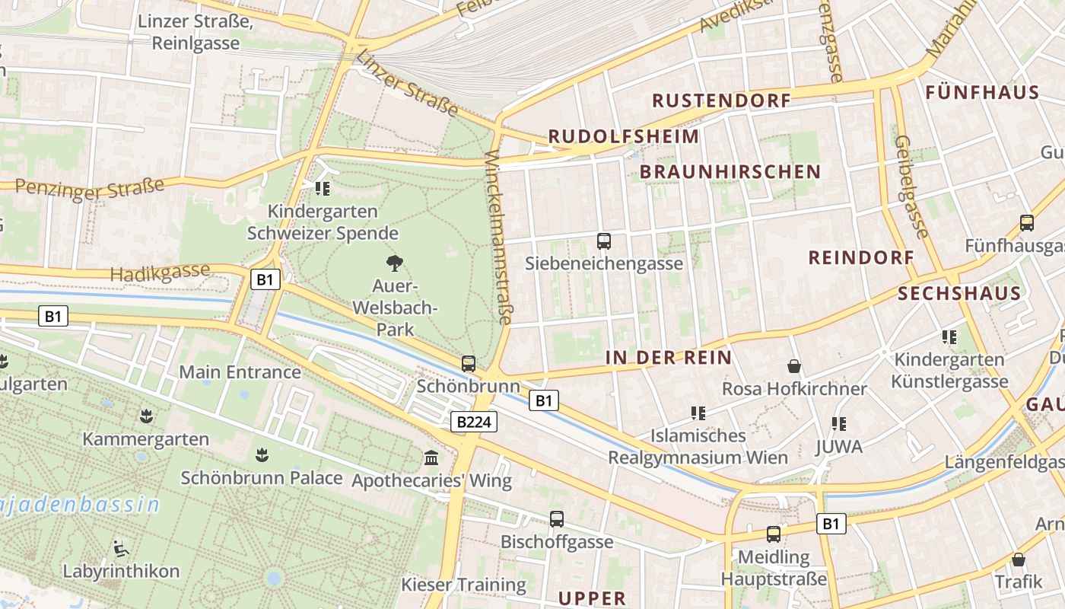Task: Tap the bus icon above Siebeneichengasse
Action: click(604, 241)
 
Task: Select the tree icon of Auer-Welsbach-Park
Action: click(394, 263)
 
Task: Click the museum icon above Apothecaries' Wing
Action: click(431, 458)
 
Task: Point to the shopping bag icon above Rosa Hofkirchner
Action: click(794, 366)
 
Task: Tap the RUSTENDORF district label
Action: click(721, 100)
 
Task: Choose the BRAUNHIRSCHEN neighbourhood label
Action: click(730, 172)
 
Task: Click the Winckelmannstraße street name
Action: click(498, 238)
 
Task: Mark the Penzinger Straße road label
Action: click(90, 188)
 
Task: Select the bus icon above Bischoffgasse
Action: click(557, 519)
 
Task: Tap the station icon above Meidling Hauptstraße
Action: click(774, 534)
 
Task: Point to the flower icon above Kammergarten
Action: click(145, 416)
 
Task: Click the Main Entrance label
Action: click(240, 372)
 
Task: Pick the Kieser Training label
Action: click(463, 585)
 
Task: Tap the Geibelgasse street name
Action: click(911, 187)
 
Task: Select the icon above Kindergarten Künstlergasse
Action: click(949, 336)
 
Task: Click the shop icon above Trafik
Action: click(1019, 560)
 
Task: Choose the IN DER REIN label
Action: click(669, 358)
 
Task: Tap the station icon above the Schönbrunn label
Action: click(469, 364)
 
